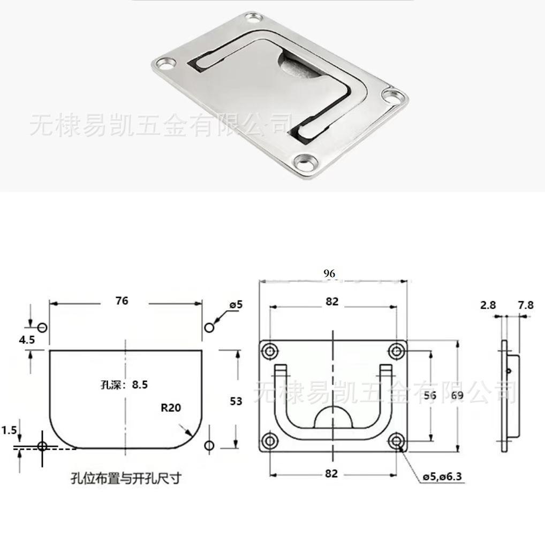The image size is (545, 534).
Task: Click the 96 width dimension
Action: [x=329, y=274]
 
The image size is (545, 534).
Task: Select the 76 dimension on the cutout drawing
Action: [x=122, y=300]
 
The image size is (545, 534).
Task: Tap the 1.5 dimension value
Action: [x=8, y=430]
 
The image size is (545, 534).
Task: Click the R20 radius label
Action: [x=171, y=408]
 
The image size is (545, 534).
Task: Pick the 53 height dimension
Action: [x=236, y=401]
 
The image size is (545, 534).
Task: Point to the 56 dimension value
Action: [x=429, y=396]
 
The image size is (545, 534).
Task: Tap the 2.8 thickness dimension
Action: [x=488, y=305]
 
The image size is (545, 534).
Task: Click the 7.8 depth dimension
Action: [x=526, y=305]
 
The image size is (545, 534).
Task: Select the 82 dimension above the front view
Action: [x=332, y=302]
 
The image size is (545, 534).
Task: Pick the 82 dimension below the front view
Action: [x=332, y=473]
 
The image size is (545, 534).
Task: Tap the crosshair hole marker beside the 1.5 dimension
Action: [x=42, y=446]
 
